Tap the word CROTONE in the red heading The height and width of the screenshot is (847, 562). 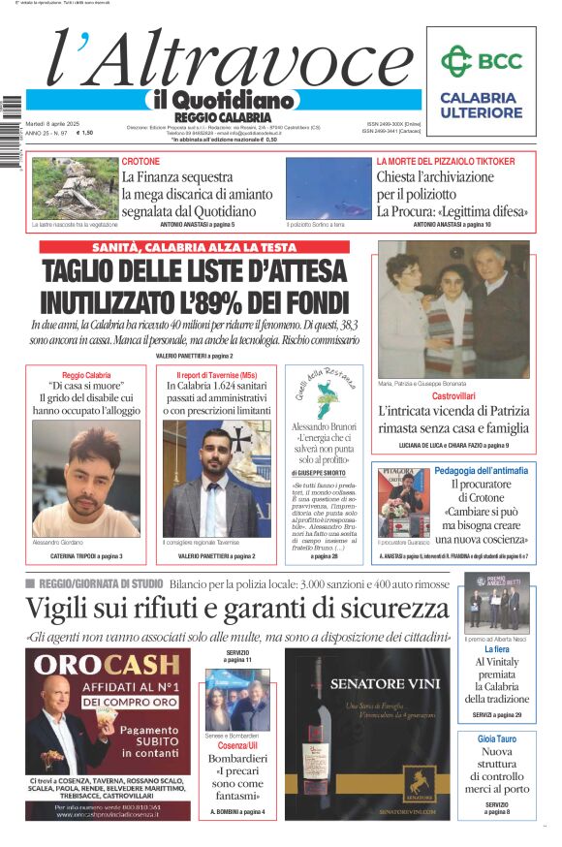point(141,161)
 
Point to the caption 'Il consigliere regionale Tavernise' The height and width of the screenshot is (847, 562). point(202,542)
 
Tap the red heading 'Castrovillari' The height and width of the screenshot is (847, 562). point(453,396)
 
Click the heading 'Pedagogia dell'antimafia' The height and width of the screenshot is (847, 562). point(481,470)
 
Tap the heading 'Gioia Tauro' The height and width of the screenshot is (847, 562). point(496,738)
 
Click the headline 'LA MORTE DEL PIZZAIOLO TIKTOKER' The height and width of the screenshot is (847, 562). point(446,161)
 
